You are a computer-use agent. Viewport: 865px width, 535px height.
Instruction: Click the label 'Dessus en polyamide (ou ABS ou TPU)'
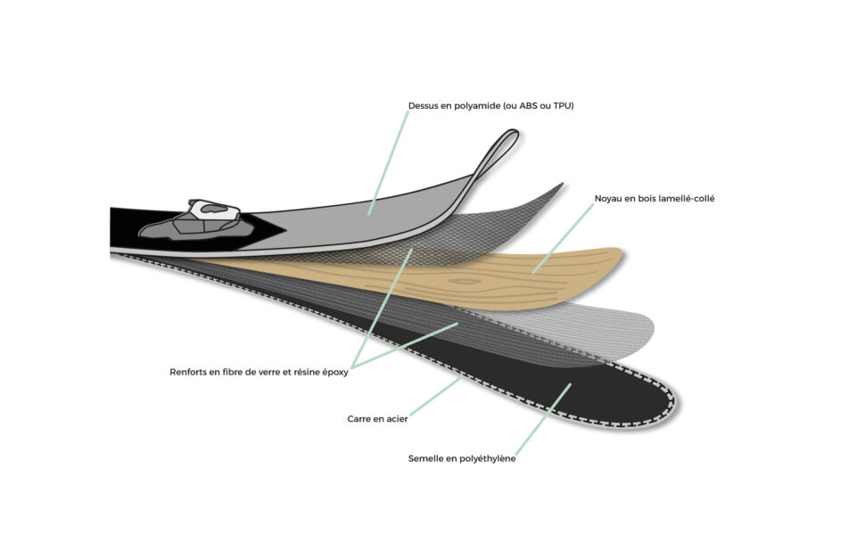tap(490, 105)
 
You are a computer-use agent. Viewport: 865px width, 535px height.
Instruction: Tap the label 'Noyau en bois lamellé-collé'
tap(655, 199)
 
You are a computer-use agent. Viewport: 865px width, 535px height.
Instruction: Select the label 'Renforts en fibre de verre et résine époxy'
tap(259, 373)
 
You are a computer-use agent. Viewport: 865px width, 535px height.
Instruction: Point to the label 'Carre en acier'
tap(377, 419)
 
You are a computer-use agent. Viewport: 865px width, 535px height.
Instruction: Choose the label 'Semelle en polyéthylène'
tap(462, 458)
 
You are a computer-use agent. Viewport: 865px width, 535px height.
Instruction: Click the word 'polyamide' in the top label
tap(477, 105)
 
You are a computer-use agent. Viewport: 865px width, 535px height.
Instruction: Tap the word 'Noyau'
tap(608, 199)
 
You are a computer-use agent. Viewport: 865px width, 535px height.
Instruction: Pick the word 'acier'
tap(396, 419)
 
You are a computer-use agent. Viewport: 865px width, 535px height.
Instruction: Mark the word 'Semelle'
tap(424, 458)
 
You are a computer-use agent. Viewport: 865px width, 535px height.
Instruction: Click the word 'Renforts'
tap(187, 373)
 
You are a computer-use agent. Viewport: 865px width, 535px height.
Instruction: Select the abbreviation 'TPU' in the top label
tap(564, 105)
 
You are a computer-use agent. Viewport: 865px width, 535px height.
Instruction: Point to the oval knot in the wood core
tap(464, 281)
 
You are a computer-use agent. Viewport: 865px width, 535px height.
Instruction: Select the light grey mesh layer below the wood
tap(596, 328)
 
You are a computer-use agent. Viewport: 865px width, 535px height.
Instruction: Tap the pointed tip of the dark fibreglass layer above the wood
tap(562, 185)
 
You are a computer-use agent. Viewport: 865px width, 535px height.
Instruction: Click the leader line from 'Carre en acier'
tap(436, 397)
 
